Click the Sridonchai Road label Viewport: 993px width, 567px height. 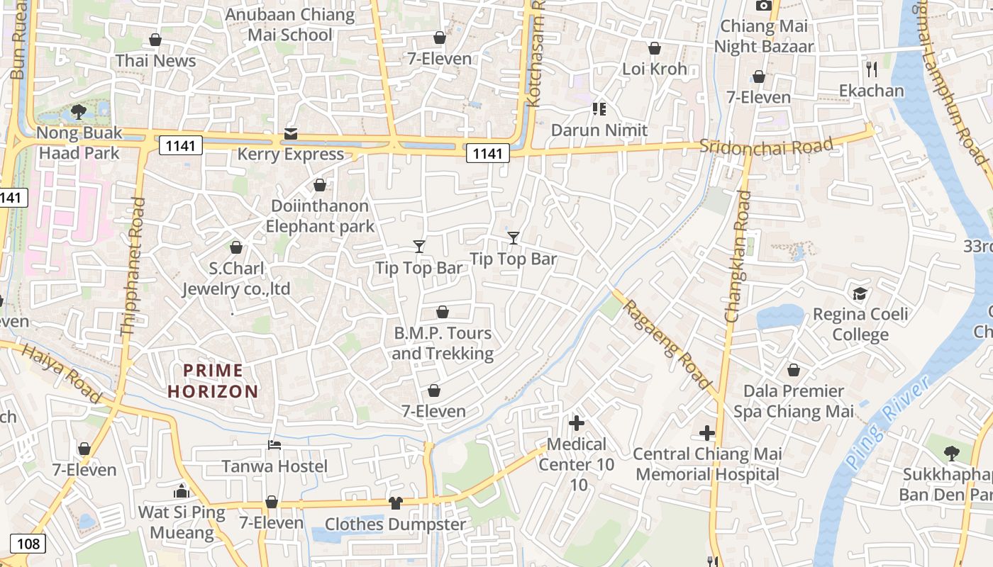765,146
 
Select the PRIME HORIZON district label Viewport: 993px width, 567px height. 213,381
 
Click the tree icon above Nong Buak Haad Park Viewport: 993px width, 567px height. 79,111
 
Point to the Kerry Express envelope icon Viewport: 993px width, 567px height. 291,133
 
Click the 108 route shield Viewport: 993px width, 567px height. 28,544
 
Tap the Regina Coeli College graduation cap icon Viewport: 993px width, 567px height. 860,293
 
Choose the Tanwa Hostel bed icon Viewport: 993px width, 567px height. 274,445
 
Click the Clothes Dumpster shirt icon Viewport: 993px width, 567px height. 395,503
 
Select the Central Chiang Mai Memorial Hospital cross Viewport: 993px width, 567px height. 707,433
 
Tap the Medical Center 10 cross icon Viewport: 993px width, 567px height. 577,424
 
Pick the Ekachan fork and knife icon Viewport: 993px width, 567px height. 872,69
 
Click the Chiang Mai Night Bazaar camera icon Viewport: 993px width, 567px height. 763,6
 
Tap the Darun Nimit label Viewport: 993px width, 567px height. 599,130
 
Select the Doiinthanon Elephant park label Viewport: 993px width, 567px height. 320,216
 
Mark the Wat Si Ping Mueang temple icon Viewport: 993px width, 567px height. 182,491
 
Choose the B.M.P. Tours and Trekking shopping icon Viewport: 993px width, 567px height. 443,312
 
